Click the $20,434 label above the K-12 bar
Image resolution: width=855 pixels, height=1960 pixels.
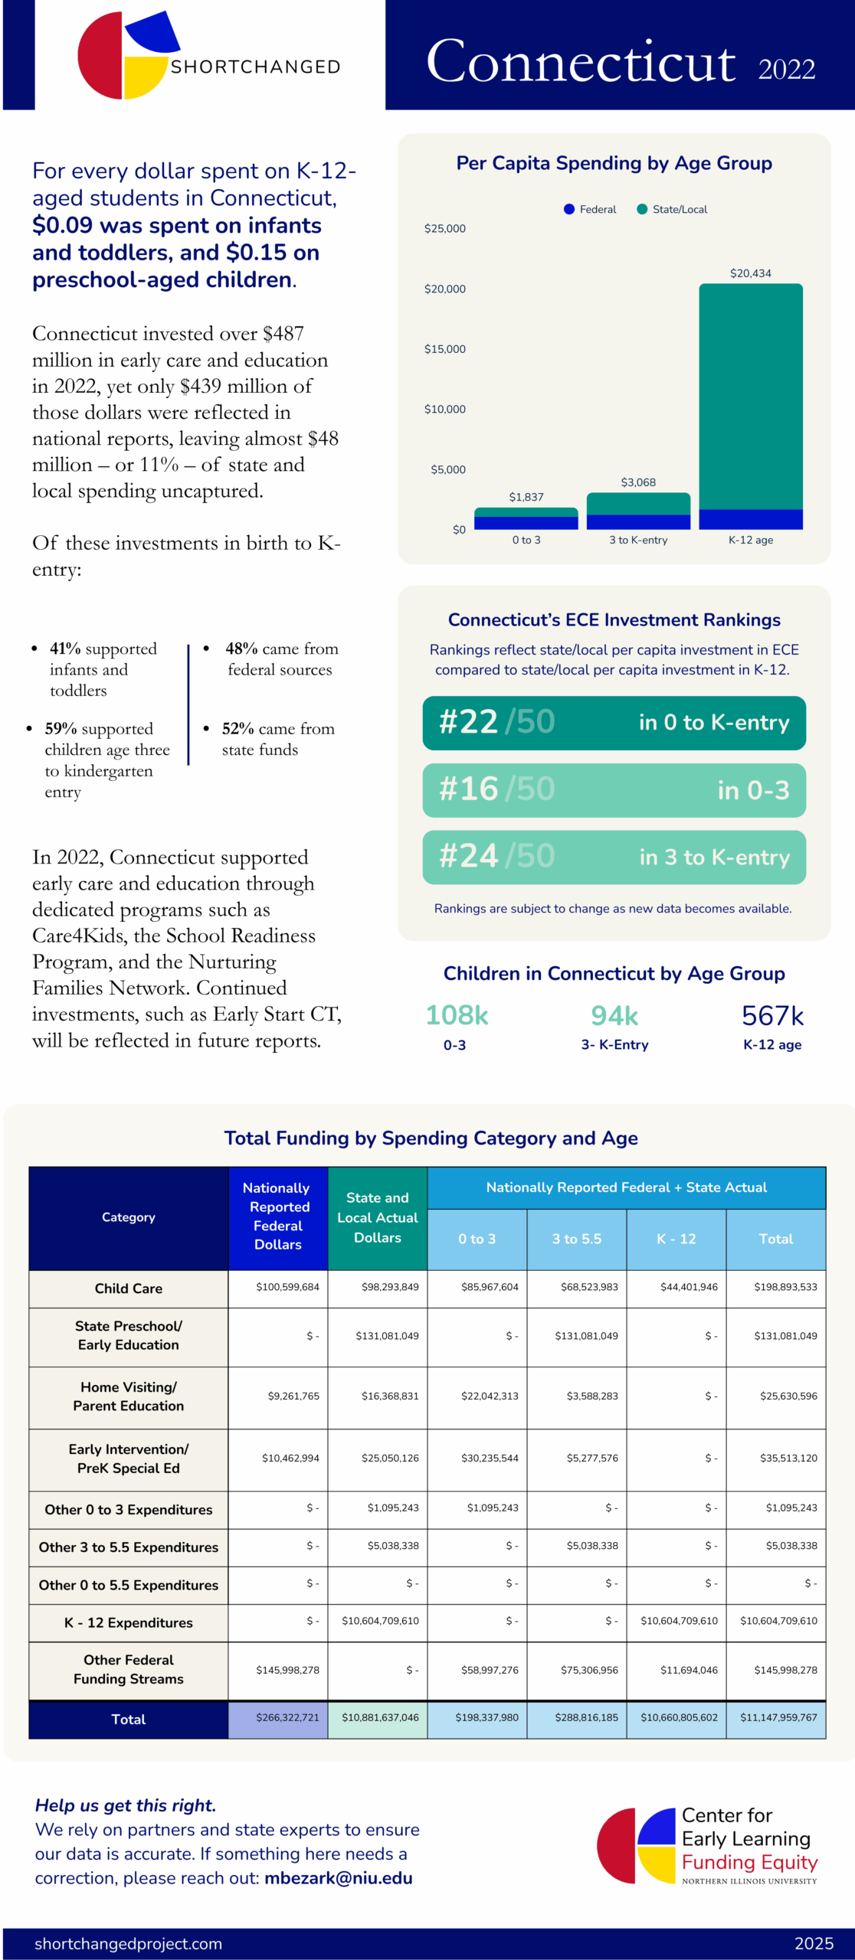(x=750, y=273)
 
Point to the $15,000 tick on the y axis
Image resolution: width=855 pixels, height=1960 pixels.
(x=444, y=349)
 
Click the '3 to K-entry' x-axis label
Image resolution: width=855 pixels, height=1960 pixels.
(x=638, y=540)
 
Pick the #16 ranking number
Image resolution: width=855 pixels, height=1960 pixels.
(x=469, y=789)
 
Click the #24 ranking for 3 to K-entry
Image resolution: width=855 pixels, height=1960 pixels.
(x=469, y=856)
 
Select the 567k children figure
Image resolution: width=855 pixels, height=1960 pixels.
(x=772, y=1016)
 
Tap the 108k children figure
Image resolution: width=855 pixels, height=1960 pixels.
(x=457, y=1015)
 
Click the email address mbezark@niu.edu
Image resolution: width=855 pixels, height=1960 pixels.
(x=338, y=1878)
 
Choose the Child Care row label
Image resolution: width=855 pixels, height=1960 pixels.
(x=128, y=1289)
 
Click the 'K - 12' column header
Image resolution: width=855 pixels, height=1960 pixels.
(x=676, y=1239)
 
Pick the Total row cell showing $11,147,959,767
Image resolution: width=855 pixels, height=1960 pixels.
(x=778, y=1718)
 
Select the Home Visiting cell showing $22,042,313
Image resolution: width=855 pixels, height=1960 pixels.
(x=490, y=1396)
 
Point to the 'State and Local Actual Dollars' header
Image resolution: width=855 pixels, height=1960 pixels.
(x=377, y=1217)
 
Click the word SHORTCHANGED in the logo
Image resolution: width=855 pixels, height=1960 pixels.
(x=255, y=67)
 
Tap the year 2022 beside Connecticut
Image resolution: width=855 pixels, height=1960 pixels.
(x=786, y=70)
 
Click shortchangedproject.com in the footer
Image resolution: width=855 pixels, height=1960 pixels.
(x=128, y=1943)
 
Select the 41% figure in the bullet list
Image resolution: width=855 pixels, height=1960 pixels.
(x=65, y=648)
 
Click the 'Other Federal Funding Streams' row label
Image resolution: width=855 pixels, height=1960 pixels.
(x=128, y=1669)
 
